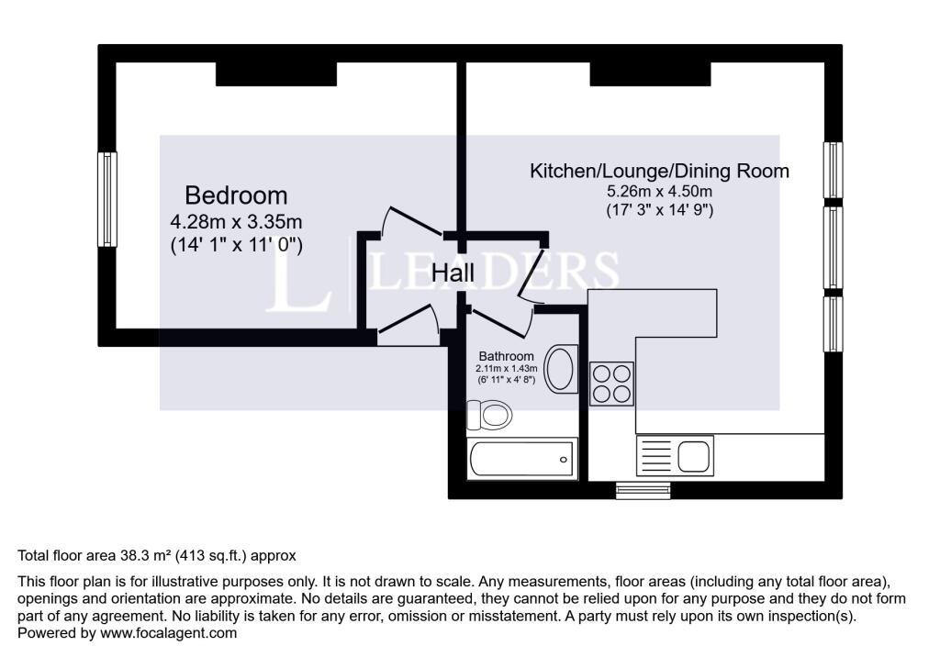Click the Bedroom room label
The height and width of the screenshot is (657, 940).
pos(236,195)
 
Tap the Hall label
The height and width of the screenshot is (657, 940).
pos(453,273)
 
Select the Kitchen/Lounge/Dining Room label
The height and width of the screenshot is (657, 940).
pos(659,171)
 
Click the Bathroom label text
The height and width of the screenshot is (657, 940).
pos(505,356)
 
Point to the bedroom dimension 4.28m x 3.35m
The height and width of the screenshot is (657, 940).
pos(236,222)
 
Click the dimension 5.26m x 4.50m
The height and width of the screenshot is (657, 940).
pos(659,192)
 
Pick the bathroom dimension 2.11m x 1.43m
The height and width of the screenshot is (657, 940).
pos(505,368)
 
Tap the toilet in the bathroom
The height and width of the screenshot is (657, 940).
pos(489,416)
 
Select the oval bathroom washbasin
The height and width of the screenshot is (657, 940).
pos(561,370)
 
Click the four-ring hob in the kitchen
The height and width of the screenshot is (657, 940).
pos(610,384)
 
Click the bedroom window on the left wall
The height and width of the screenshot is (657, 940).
pos(107,199)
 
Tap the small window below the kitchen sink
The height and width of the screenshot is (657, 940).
pos(643,491)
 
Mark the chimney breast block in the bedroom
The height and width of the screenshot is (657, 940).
pos(275,73)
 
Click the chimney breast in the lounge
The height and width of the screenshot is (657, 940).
pos(650,73)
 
